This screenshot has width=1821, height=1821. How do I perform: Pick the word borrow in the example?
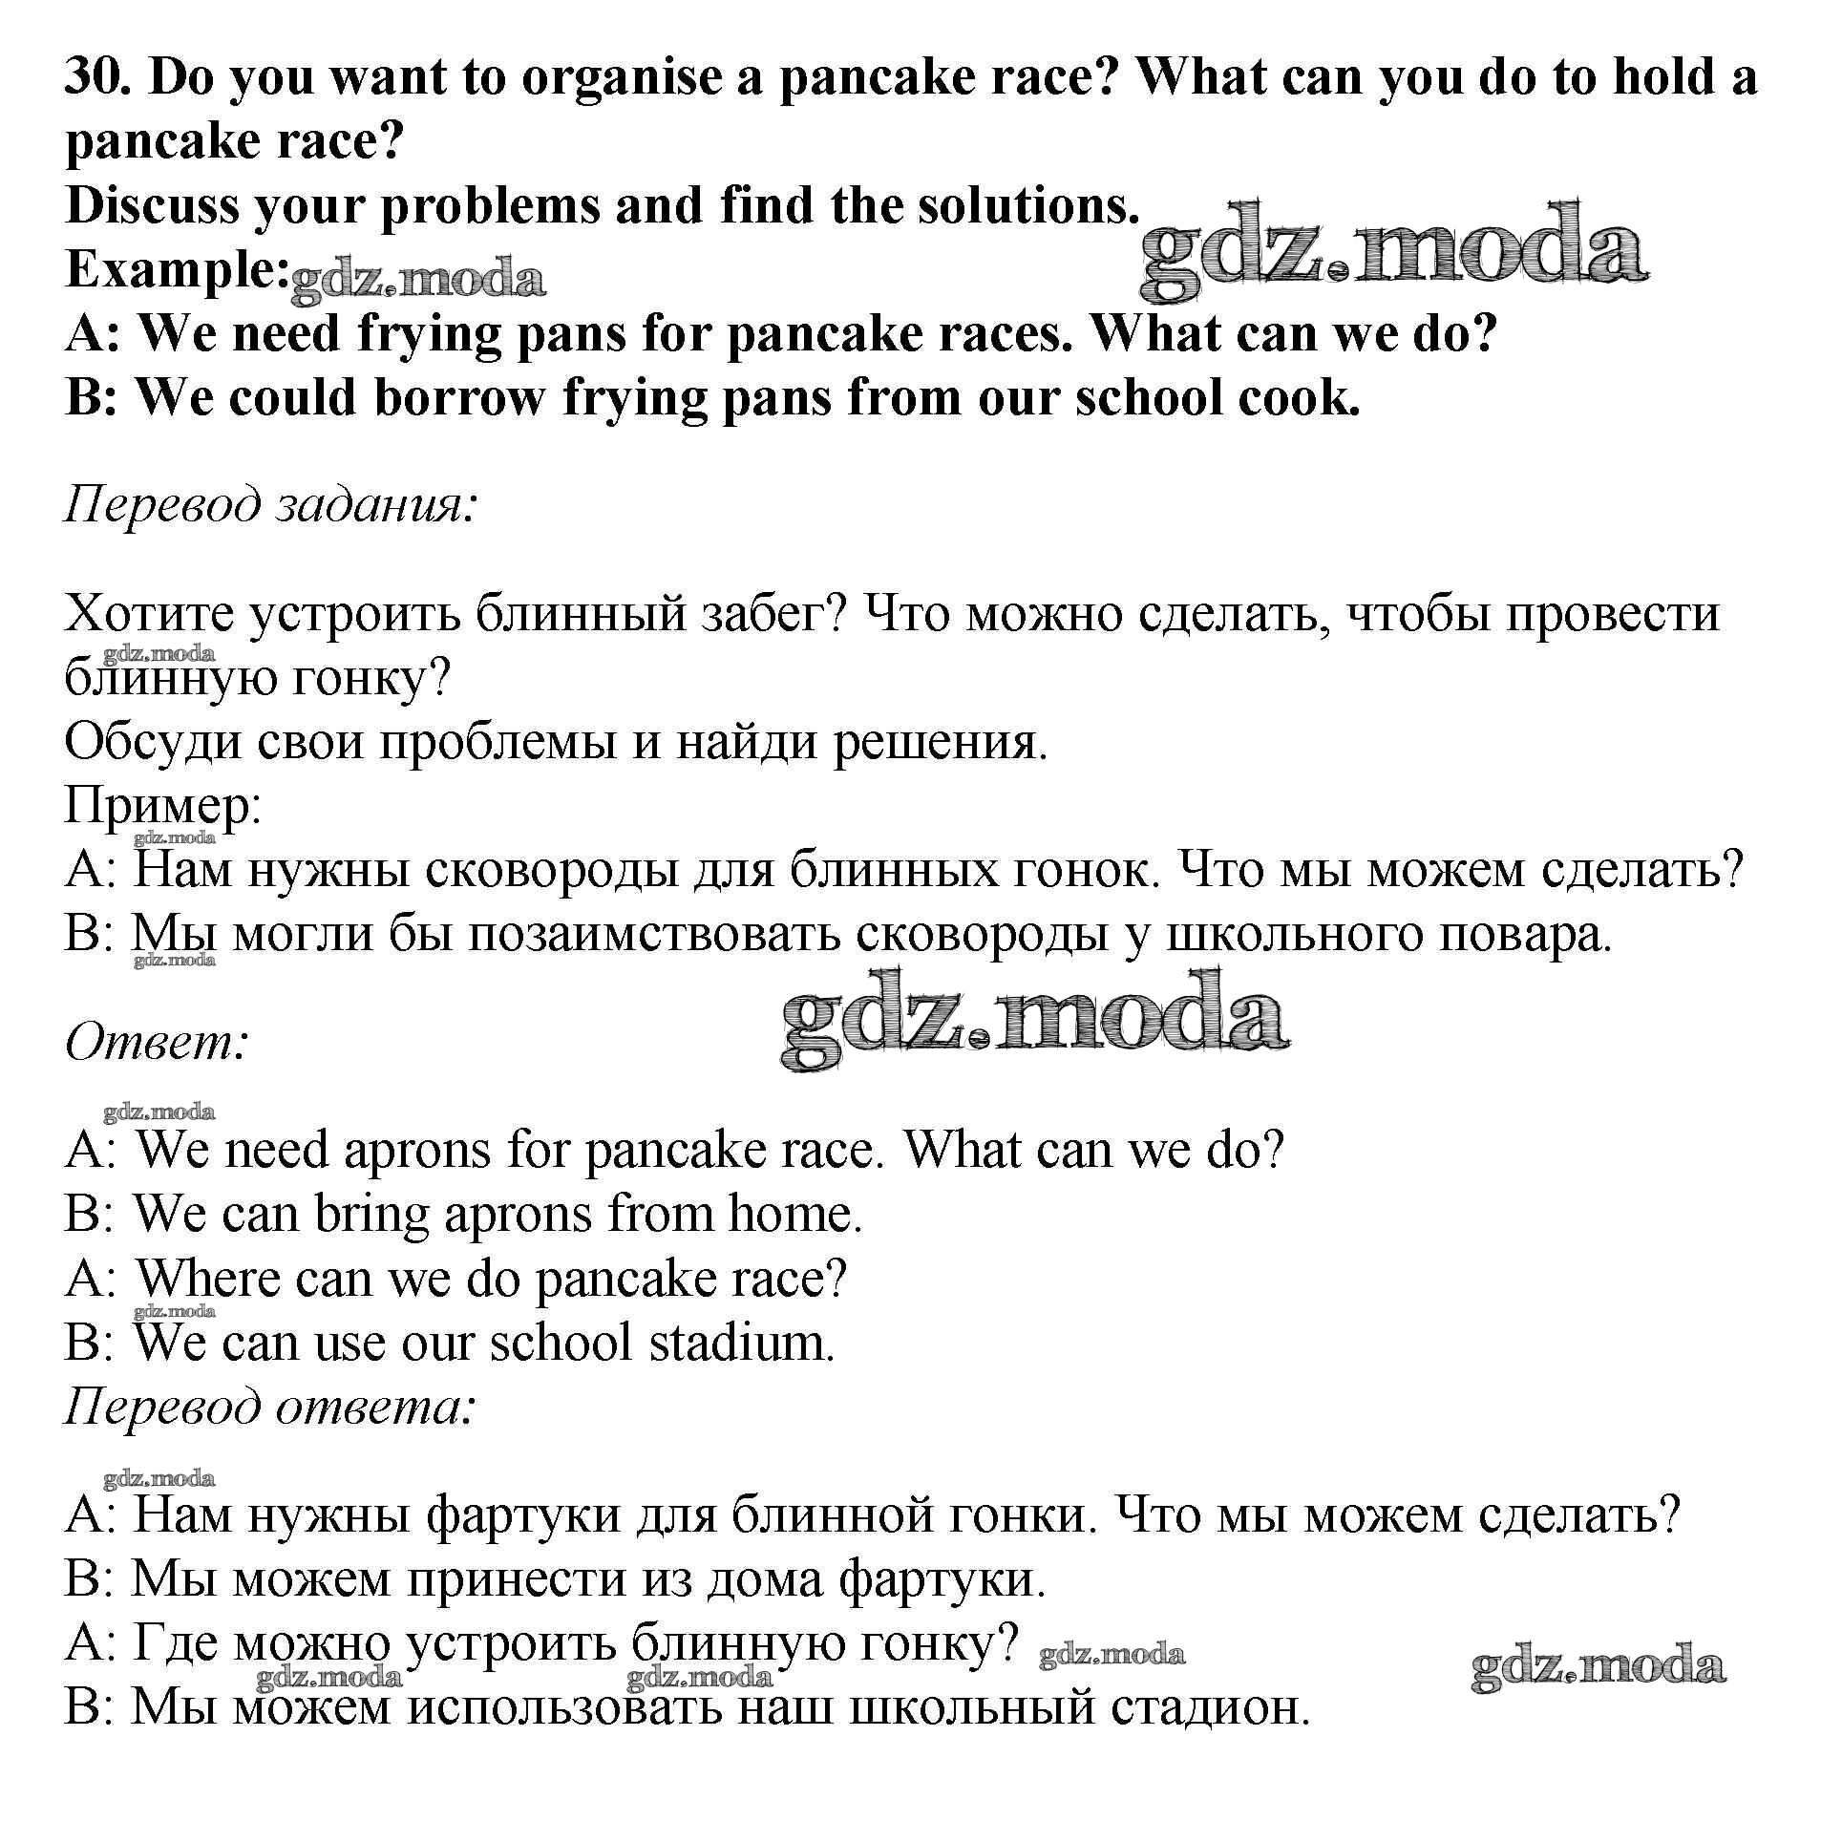457,397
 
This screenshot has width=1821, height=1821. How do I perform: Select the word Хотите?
150,614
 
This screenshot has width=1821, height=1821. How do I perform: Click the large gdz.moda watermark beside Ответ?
1035,1020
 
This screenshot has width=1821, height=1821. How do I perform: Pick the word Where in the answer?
207,1279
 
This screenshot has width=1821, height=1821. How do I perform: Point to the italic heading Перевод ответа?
269,1407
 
